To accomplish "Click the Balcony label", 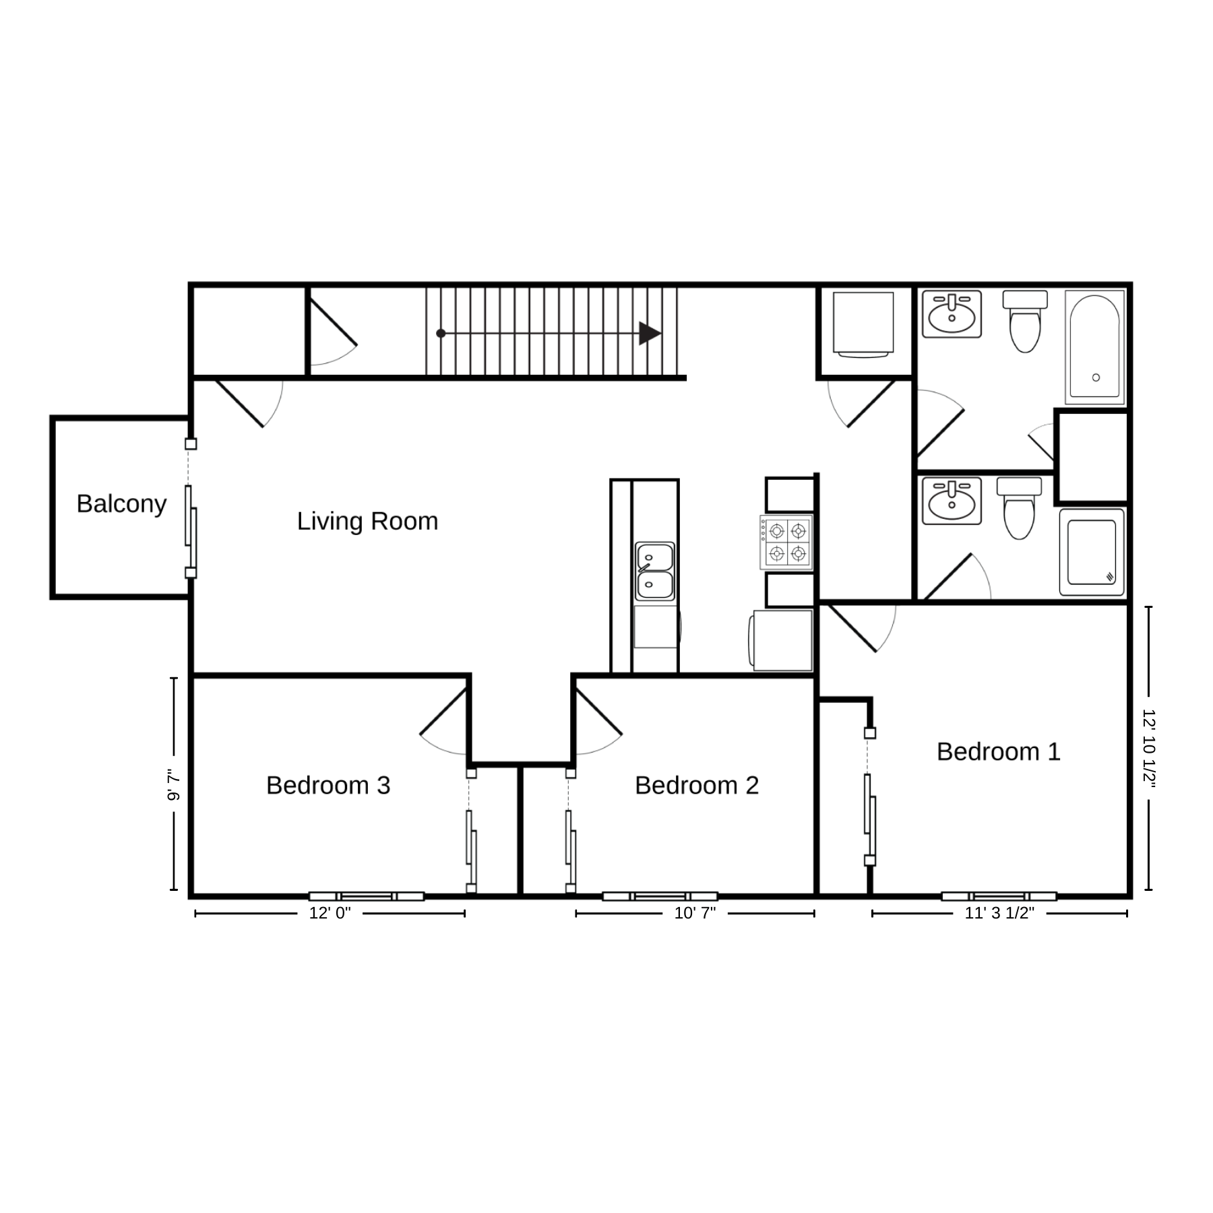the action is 121,504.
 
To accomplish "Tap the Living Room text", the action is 367,521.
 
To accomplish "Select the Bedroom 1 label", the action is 998,751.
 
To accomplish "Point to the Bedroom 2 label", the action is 697,785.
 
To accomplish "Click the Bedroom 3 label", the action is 328,785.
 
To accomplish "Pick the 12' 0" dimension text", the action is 330,913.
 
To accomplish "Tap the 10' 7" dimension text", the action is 695,913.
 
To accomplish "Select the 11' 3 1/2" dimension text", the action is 999,913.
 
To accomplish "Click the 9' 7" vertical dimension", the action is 174,785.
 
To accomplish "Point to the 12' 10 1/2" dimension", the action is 1149,748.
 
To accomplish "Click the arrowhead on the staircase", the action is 650,333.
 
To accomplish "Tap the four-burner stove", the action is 786,542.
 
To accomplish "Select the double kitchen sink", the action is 655,571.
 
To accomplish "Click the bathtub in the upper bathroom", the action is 1094,347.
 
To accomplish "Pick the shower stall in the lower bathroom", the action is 1092,552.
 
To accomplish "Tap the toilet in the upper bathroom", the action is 1025,321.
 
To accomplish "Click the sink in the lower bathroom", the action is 952,501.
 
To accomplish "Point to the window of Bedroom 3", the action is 367,896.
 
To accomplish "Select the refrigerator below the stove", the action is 782,640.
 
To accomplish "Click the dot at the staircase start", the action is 441,334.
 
